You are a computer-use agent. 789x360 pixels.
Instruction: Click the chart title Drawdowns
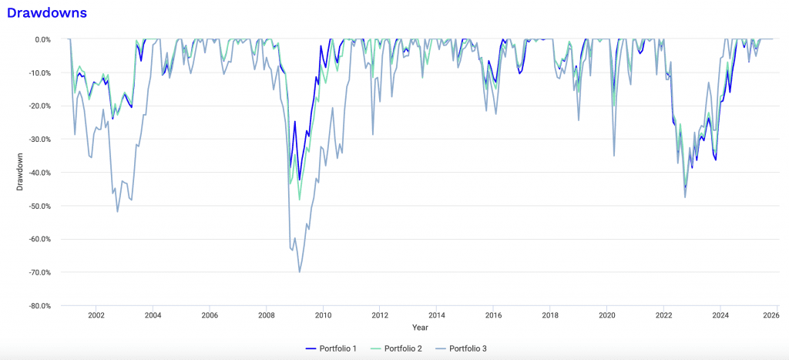(46, 13)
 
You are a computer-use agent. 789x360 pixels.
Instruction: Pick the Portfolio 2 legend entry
(395, 349)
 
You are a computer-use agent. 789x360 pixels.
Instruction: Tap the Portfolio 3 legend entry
(463, 349)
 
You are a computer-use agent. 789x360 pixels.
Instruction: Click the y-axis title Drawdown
(20, 172)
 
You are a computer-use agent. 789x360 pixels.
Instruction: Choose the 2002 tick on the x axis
(96, 315)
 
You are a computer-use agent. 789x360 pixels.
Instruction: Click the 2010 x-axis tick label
(323, 315)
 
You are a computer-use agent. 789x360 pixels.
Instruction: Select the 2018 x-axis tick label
(550, 315)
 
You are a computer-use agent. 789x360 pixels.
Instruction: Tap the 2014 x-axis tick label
(436, 315)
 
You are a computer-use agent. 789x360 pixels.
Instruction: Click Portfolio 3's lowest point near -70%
(300, 272)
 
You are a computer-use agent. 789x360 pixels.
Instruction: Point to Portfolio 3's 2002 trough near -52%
(118, 211)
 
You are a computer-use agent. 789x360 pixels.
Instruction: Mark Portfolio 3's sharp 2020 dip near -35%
(614, 156)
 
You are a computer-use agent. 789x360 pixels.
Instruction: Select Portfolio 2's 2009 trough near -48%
(300, 200)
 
